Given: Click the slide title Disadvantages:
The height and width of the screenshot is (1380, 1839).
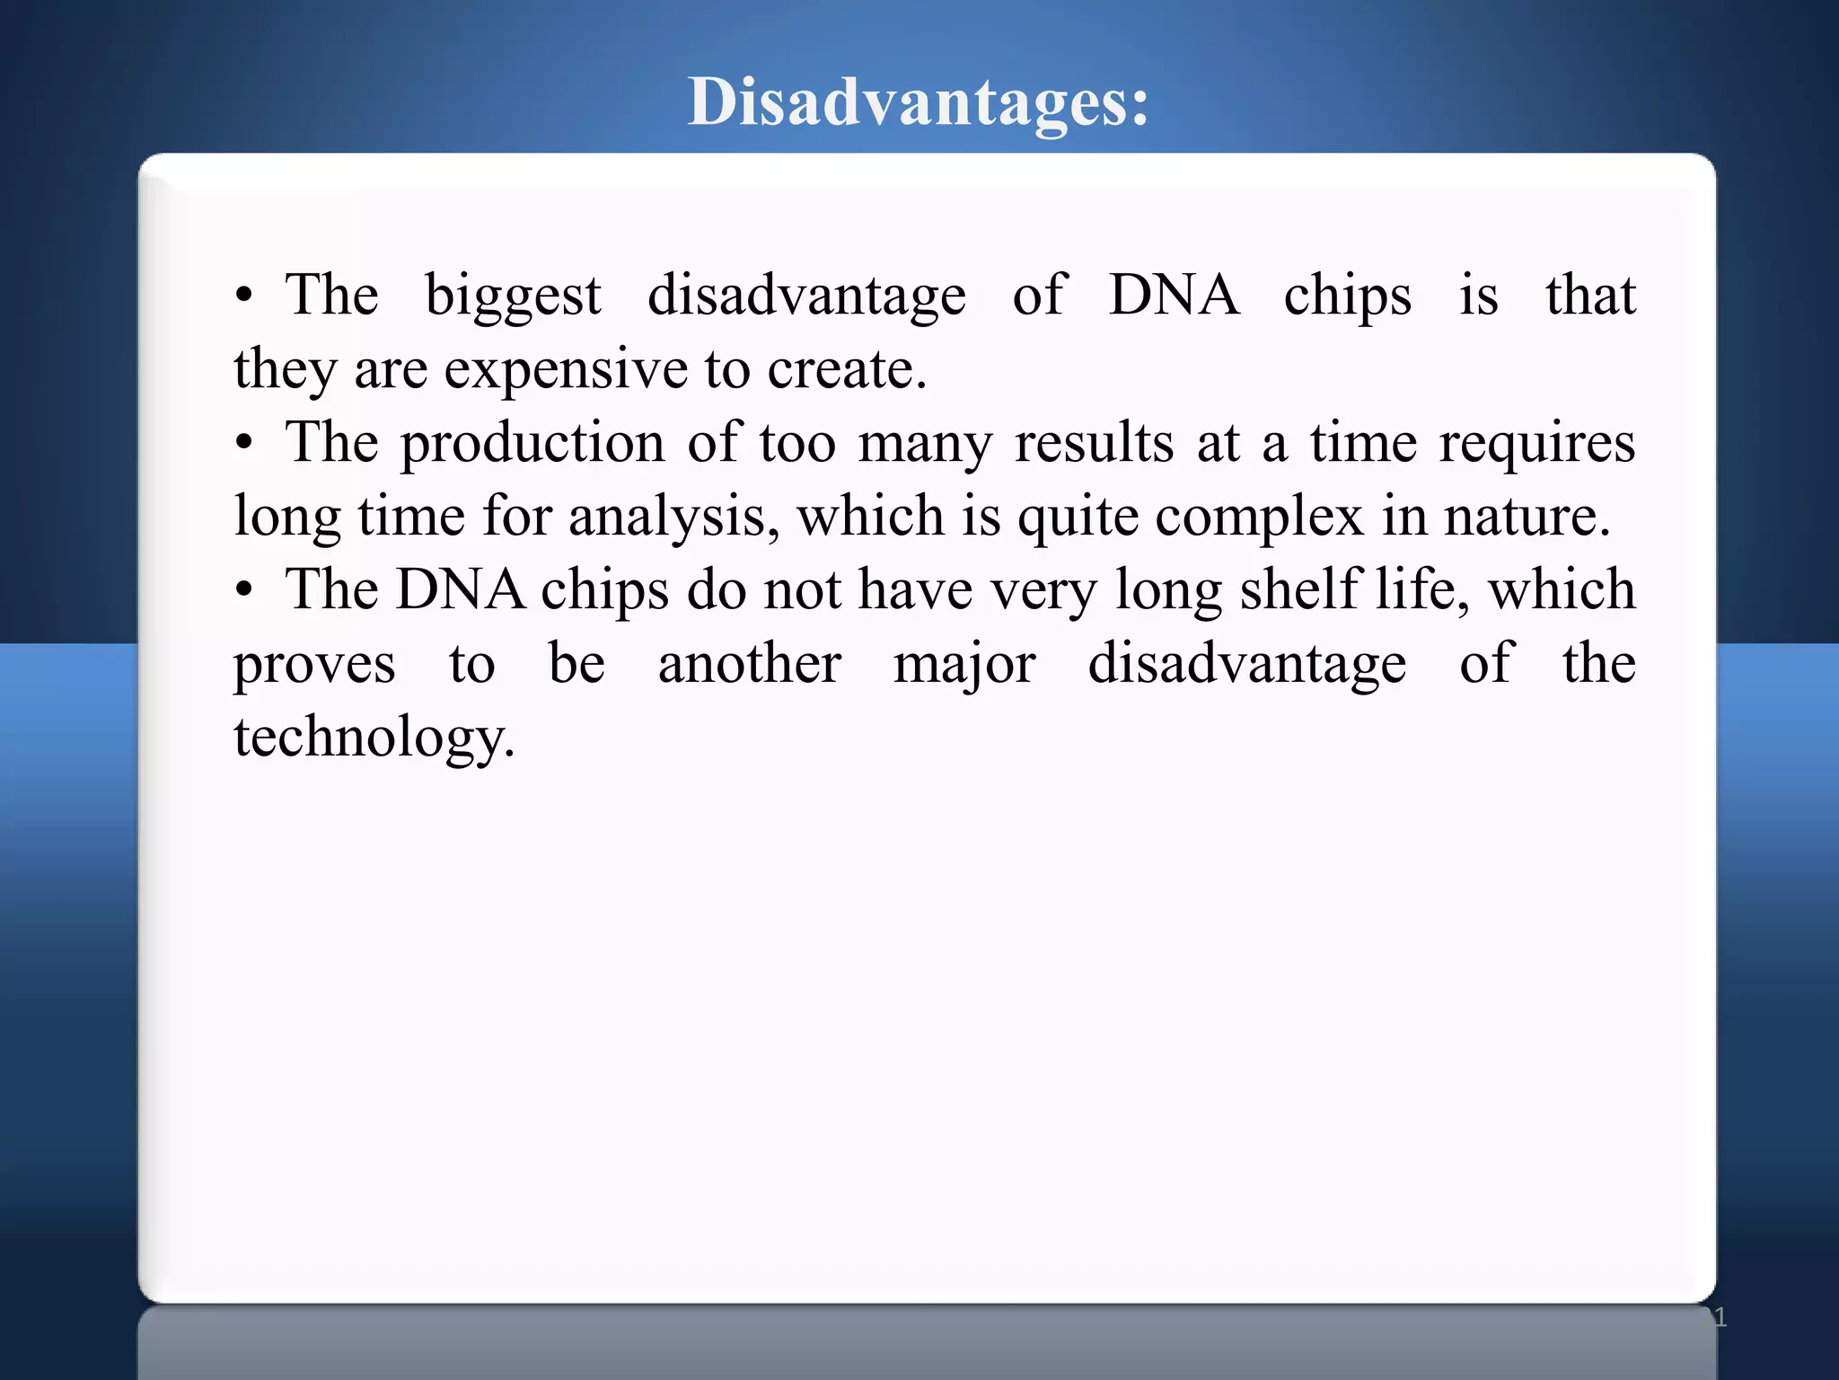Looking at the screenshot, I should [x=918, y=102].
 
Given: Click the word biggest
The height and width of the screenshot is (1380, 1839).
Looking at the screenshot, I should [x=513, y=296].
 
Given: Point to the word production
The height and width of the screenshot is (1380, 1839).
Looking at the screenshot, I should [x=532, y=444].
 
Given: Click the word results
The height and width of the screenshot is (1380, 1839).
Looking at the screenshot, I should [x=1094, y=444].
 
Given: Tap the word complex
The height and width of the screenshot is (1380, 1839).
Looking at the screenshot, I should [x=1259, y=517].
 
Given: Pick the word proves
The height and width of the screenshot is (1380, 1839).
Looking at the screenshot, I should [x=314, y=666].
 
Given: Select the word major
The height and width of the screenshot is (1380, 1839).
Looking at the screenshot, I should [x=964, y=666].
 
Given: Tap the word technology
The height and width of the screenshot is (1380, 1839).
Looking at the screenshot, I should [x=374, y=739].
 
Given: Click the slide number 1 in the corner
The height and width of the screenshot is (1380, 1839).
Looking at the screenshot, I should [x=1720, y=1317].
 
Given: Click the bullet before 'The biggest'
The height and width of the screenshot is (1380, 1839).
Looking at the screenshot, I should [x=243, y=297].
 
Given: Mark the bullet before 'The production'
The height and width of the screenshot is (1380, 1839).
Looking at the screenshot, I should [x=243, y=445].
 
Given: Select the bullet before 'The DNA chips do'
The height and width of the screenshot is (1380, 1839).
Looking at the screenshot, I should [x=243, y=592].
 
